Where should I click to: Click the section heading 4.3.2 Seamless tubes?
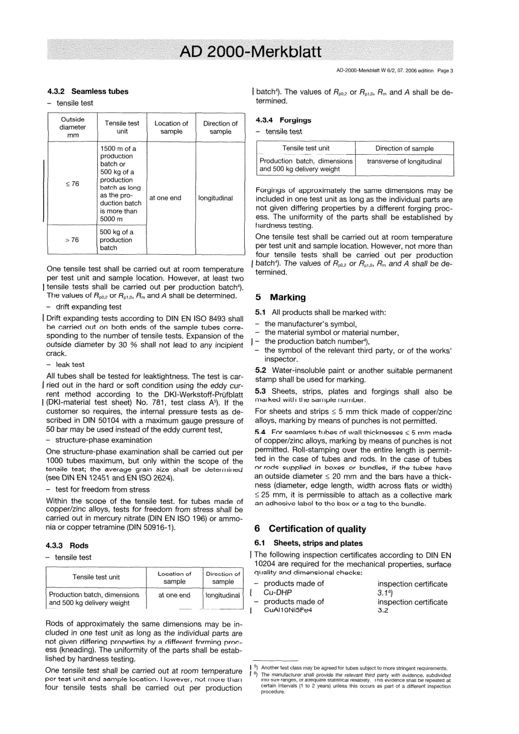[x=87, y=91]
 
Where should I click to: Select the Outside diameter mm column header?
[x=73, y=127]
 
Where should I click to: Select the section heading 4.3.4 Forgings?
[x=283, y=120]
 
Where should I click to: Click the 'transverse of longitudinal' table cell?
[x=404, y=161]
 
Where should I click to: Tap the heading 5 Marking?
[x=281, y=297]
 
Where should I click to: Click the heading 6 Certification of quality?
[x=310, y=529]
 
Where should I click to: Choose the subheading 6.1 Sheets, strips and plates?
[x=309, y=543]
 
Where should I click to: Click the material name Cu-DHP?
[x=278, y=592]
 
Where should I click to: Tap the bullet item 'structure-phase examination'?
[x=101, y=440]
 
